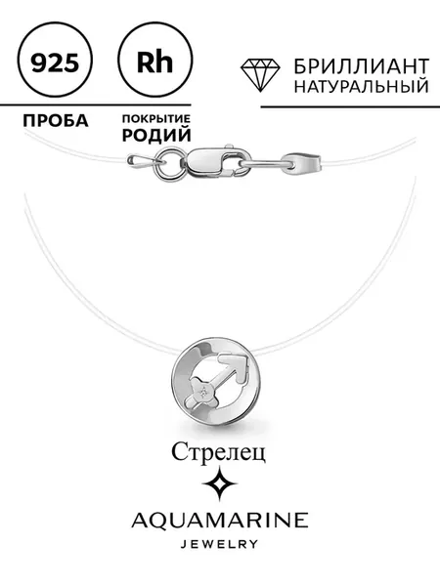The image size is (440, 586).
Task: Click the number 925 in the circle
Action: [x=55, y=63]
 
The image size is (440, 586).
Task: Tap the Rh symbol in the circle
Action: [x=154, y=63]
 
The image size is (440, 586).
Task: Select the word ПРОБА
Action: [x=56, y=121]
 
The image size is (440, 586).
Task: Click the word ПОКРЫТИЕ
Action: [x=156, y=119]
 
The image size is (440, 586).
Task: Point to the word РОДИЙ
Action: [x=156, y=135]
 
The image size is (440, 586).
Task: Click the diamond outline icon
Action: [x=260, y=75]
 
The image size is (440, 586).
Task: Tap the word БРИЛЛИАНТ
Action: [x=361, y=66]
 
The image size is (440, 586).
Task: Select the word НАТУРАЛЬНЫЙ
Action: [x=361, y=86]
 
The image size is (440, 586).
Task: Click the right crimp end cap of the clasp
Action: [x=304, y=162]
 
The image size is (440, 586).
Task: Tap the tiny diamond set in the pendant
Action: [x=204, y=392]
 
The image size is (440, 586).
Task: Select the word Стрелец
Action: [x=218, y=452]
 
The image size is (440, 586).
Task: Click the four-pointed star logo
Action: [x=220, y=483]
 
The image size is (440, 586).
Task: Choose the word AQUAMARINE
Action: [x=220, y=521]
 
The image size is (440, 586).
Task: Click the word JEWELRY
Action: [x=220, y=543]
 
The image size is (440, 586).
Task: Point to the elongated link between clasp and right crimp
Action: [x=264, y=163]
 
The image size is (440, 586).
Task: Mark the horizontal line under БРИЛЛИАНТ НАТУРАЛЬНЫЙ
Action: [x=350, y=106]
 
